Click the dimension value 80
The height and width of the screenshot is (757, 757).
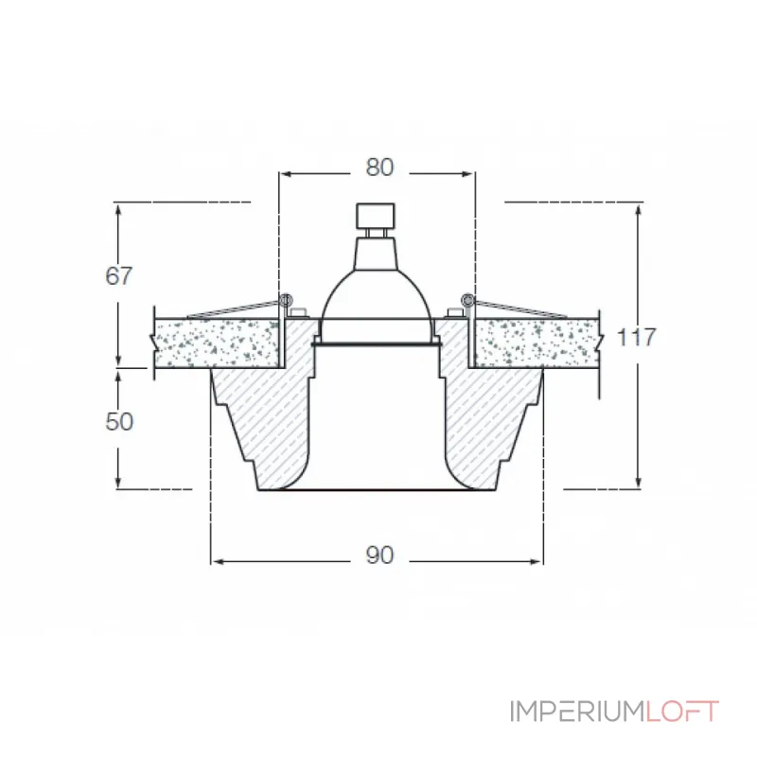(x=379, y=167)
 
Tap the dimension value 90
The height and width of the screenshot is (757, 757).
(x=379, y=555)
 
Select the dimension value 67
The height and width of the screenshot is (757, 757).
(x=118, y=275)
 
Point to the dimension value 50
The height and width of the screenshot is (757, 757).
(x=119, y=421)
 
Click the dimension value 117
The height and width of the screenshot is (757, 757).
(x=636, y=337)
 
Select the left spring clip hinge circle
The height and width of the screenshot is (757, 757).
(x=286, y=300)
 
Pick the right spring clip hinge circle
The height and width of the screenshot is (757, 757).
(x=467, y=300)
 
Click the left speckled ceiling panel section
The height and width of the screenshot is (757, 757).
(x=217, y=343)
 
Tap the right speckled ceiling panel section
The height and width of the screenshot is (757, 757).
(x=537, y=343)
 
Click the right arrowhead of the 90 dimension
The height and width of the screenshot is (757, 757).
(x=536, y=561)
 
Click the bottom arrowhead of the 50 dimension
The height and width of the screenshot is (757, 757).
(x=118, y=482)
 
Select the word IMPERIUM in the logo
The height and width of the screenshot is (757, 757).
(x=577, y=712)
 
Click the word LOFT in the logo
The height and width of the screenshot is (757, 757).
(x=682, y=712)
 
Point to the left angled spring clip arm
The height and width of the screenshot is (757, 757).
(x=234, y=310)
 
